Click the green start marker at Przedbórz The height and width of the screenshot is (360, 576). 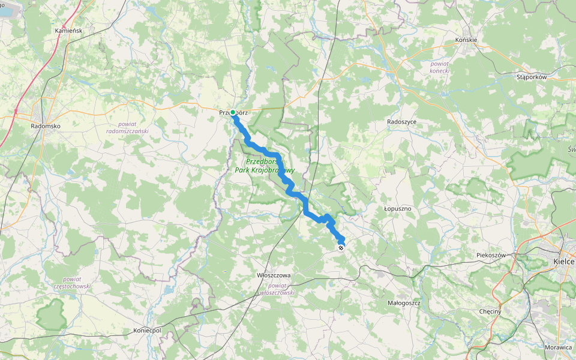click(x=233, y=112)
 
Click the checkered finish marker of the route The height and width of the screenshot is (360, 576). click(x=341, y=247)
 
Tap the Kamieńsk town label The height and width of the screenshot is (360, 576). click(x=68, y=30)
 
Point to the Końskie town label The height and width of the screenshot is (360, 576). click(x=466, y=40)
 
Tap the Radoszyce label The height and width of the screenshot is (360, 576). click(x=401, y=121)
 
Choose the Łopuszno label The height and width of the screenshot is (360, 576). click(x=398, y=209)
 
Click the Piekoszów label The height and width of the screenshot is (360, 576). click(x=492, y=255)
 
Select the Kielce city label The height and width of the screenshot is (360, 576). click(x=564, y=262)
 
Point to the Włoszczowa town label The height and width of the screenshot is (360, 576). click(x=274, y=275)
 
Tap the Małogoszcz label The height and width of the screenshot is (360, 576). click(x=404, y=303)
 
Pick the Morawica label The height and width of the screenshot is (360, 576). click(x=559, y=347)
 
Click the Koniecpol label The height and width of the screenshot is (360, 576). click(x=148, y=331)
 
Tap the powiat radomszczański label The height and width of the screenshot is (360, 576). click(x=127, y=127)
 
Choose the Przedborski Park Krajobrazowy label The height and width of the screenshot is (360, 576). click(x=270, y=166)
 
